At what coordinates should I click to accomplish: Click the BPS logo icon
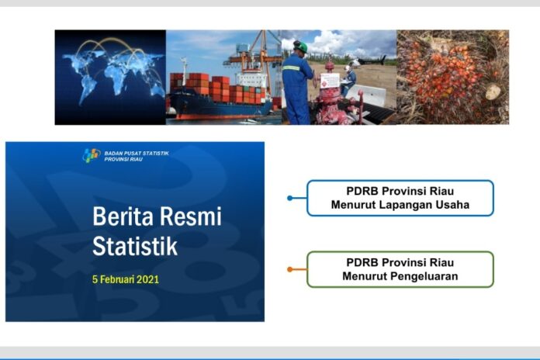pos(92,155)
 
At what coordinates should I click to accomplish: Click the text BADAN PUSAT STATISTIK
pos(137,154)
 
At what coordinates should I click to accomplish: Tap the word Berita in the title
pos(123,216)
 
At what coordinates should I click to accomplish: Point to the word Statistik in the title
pos(135,246)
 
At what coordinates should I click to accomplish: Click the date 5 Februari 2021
pos(126,279)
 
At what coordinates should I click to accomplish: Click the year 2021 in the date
pos(147,279)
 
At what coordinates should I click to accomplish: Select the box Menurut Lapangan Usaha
pos(400,198)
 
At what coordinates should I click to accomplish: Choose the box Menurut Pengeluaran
pos(400,269)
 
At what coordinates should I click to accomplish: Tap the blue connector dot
pos(290,198)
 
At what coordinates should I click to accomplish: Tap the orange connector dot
pos(290,269)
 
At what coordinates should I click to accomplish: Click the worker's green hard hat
pos(301,47)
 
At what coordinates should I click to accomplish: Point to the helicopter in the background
pos(369,61)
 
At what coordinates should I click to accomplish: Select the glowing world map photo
pos(110,77)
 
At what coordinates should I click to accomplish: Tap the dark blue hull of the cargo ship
pos(220,105)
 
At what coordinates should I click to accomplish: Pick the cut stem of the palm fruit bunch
pos(493,92)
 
